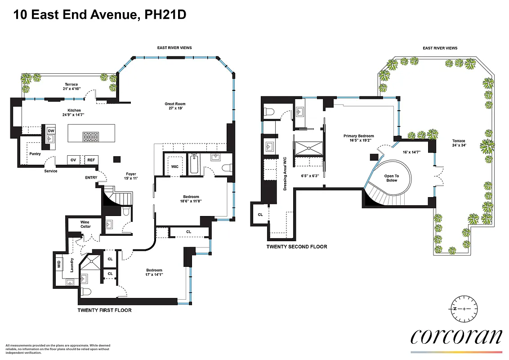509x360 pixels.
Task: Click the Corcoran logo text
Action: (x=456, y=337)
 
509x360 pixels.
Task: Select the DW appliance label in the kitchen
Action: (x=51, y=130)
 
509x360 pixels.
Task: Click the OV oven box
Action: (x=73, y=160)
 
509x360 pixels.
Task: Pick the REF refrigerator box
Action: (x=91, y=160)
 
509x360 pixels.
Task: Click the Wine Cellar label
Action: (x=85, y=224)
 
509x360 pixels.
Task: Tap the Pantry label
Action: (x=35, y=153)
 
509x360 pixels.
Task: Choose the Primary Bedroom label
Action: (x=358, y=138)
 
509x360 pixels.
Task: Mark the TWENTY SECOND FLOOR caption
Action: (x=296, y=247)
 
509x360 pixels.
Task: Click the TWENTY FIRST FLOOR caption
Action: (x=104, y=310)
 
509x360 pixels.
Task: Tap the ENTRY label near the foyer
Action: (x=91, y=178)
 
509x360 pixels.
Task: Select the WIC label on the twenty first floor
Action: (x=174, y=166)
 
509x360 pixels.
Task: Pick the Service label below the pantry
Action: (x=50, y=171)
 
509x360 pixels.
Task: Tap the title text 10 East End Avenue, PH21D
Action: (x=100, y=15)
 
